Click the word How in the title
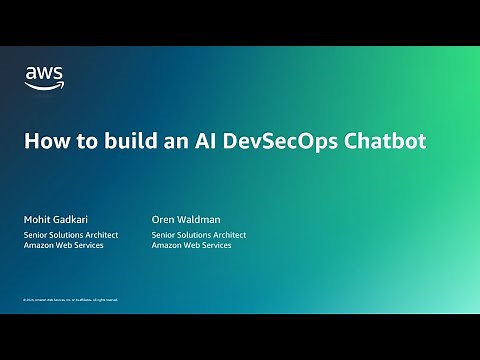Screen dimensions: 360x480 (45, 141)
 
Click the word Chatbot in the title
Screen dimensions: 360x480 (385, 141)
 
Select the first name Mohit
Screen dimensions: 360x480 (36, 219)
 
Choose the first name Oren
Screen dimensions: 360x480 (163, 219)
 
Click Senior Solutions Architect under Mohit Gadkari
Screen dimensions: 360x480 (71, 235)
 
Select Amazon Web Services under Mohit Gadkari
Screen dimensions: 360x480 (64, 245)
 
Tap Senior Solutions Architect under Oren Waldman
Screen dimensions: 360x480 (199, 235)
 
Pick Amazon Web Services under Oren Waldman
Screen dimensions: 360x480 (192, 245)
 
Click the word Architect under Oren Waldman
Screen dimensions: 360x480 (229, 235)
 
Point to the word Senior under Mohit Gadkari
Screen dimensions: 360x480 (37, 235)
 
